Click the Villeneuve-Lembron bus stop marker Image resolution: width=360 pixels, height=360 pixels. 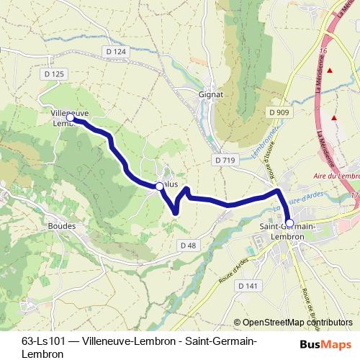tap(71, 117)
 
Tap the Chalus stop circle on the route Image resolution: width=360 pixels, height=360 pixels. tap(159, 186)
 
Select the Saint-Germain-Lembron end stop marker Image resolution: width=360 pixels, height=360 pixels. tap(289, 223)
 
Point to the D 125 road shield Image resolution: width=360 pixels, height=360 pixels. tap(54, 73)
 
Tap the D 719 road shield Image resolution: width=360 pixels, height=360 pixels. tap(225, 158)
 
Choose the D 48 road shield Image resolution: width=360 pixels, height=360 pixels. tap(188, 246)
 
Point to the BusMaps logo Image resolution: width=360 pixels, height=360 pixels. tap(325, 343)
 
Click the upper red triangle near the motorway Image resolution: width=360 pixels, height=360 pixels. tap(330, 70)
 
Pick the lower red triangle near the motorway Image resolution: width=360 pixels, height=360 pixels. tap(334, 117)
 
